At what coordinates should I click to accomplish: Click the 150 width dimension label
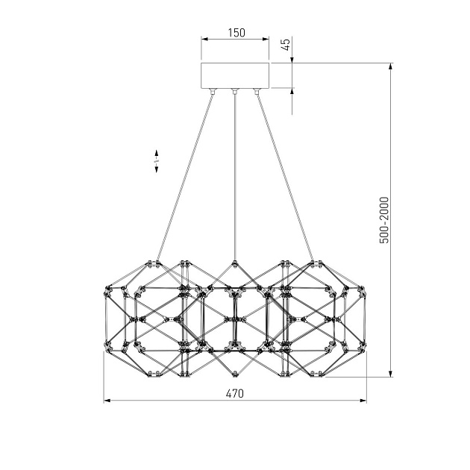point(236,32)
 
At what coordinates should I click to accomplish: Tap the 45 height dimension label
point(286,44)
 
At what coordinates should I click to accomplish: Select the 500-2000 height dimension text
point(384,220)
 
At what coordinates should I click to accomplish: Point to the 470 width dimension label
point(235,393)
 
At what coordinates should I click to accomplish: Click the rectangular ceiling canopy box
point(235,75)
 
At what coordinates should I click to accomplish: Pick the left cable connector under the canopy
point(213,91)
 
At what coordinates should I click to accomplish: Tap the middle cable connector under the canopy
point(235,91)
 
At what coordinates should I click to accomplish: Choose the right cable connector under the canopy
point(257,91)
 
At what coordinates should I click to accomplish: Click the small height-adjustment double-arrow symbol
point(156,161)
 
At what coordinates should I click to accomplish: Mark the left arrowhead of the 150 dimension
point(204,39)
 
